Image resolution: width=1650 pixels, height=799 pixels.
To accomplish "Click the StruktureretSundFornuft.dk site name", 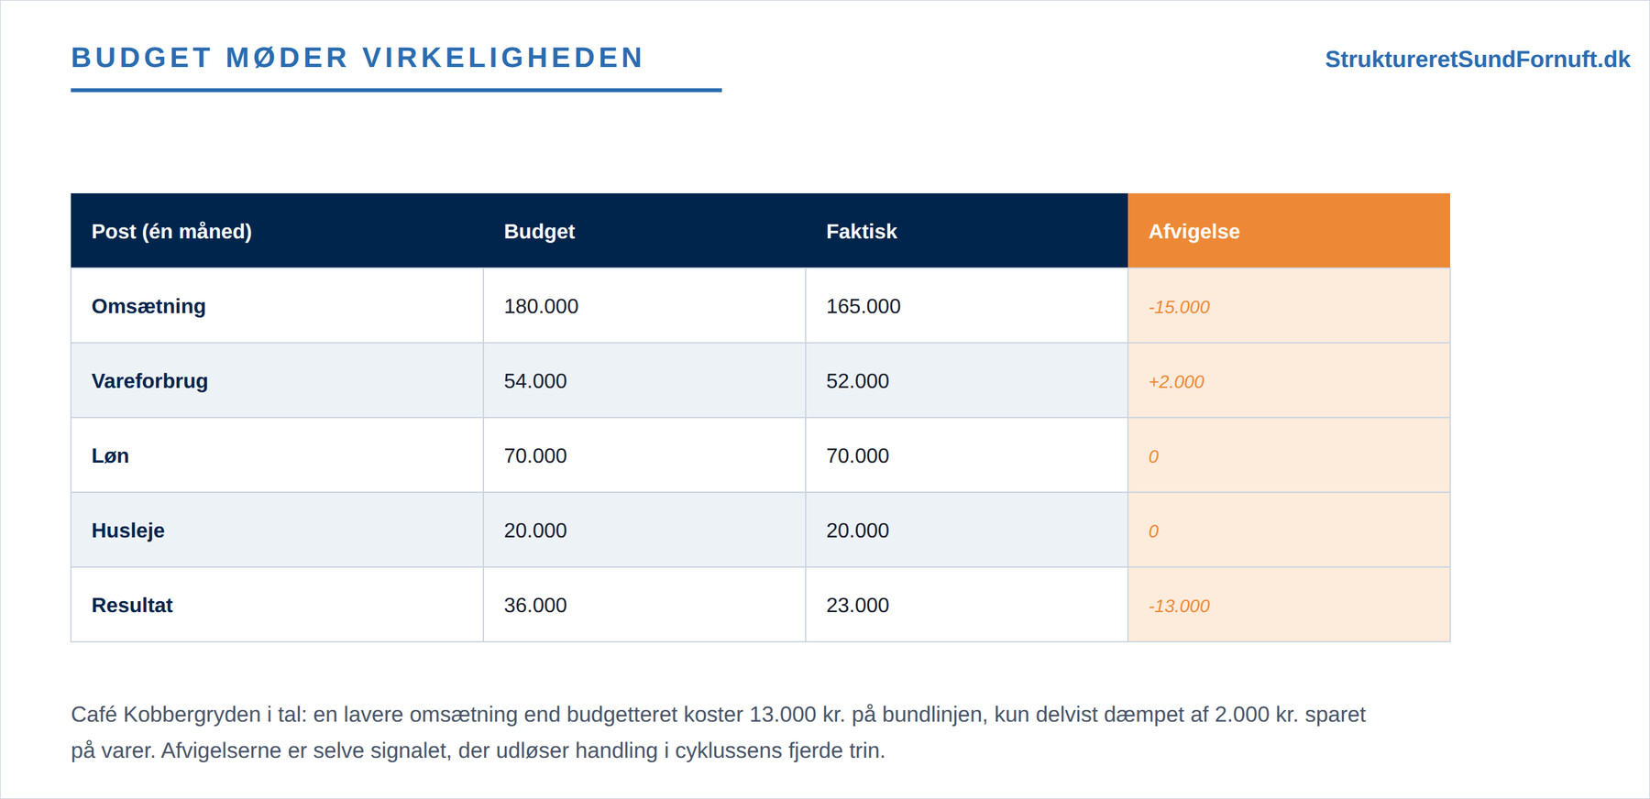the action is [1477, 60].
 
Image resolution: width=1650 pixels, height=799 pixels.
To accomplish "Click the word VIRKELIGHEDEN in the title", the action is [503, 58].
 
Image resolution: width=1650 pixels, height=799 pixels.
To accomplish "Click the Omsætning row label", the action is [148, 306].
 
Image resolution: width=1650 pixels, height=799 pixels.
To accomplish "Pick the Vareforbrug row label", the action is [149, 381].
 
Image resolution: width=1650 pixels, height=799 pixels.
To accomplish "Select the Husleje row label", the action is [128, 531].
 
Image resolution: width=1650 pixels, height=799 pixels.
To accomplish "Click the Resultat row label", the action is [132, 605].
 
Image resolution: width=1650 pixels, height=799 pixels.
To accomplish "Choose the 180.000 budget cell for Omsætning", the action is [541, 306].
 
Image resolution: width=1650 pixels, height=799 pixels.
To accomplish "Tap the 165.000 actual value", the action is [863, 306].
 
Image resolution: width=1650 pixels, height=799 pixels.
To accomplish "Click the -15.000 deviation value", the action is [1179, 307].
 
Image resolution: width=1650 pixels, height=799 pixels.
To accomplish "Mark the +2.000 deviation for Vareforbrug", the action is [1176, 382].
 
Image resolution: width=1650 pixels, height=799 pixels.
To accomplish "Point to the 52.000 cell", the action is [857, 381].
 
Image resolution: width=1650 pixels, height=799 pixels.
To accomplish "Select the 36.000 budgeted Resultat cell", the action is [535, 605].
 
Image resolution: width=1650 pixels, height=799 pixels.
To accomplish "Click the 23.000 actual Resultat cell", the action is [857, 605].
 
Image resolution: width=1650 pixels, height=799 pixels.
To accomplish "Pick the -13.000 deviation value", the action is [1179, 606].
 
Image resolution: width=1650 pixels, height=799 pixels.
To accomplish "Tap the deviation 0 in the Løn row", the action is [1153, 456].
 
